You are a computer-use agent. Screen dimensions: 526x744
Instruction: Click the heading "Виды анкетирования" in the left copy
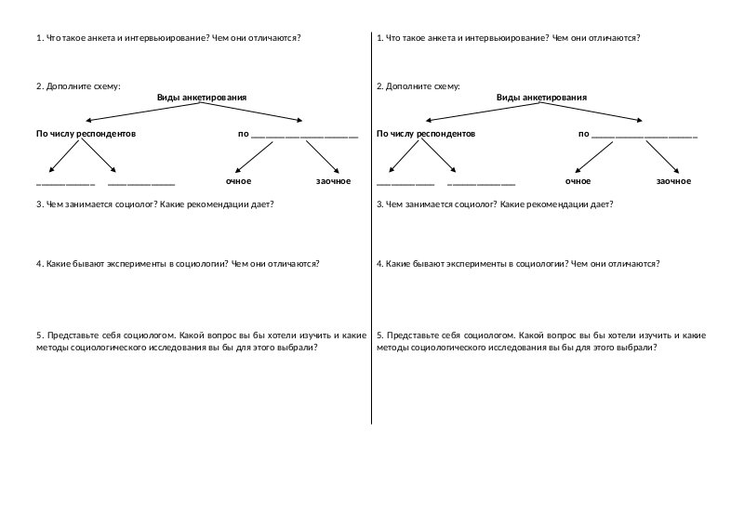tap(202, 97)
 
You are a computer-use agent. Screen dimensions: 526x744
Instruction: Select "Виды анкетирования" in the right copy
tap(542, 97)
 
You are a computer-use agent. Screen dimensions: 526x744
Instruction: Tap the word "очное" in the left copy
tap(239, 180)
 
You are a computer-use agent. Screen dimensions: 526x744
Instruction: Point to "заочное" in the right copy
tap(673, 180)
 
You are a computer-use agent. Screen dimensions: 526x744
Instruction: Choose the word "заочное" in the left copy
tap(333, 180)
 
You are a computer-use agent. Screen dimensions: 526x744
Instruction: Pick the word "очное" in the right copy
tap(578, 180)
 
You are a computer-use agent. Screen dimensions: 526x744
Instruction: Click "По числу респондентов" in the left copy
tap(86, 134)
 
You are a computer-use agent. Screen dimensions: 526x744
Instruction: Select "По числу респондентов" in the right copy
tap(426, 134)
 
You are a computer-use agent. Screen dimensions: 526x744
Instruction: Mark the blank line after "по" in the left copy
tap(304, 137)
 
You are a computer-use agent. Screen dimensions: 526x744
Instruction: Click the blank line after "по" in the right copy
tap(644, 137)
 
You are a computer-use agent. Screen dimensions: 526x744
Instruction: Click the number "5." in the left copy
tap(39, 333)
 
